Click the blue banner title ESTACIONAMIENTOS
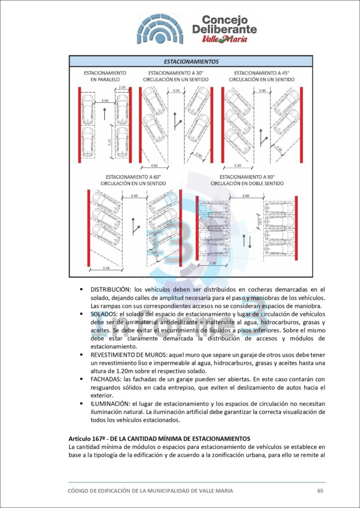(191, 62)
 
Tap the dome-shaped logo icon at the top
(159, 29)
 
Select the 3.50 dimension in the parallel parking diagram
(104, 101)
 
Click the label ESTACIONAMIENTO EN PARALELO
(105, 75)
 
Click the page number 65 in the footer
(320, 491)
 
